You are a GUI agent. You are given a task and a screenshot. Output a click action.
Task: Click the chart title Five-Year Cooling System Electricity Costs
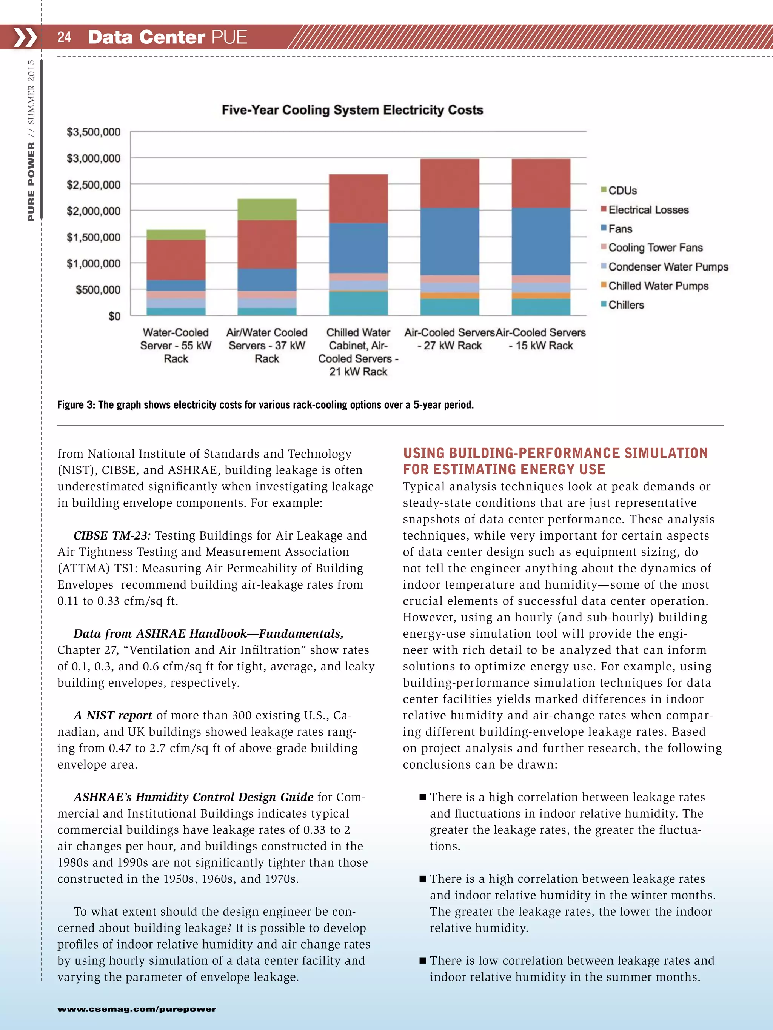tap(352, 110)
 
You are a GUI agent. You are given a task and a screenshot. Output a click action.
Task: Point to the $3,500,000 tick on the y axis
tap(93, 132)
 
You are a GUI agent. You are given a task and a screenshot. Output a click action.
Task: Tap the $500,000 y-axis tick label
tap(98, 290)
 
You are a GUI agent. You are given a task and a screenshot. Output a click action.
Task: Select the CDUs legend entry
tap(622, 191)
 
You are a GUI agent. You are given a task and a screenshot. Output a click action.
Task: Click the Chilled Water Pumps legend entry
tap(658, 286)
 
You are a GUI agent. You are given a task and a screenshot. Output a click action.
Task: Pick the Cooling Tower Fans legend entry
tap(655, 248)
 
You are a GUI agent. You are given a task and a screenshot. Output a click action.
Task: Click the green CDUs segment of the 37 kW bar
tap(267, 209)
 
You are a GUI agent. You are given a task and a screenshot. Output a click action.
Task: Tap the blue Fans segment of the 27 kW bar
tap(450, 241)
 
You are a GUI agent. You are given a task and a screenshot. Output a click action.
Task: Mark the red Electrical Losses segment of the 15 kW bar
tap(541, 183)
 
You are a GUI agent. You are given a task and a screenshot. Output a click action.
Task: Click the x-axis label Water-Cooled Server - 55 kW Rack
tap(176, 346)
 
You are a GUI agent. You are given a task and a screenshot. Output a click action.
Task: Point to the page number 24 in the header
tap(64, 37)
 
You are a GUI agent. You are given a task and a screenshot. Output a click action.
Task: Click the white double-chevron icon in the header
tap(25, 37)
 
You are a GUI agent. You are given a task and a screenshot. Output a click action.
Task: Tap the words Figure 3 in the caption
tap(76, 404)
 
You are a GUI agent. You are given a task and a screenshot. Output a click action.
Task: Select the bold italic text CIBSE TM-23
tap(112, 535)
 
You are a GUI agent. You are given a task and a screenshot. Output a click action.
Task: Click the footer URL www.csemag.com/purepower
tap(137, 1009)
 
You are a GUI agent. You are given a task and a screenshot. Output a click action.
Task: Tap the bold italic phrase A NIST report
tap(113, 715)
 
